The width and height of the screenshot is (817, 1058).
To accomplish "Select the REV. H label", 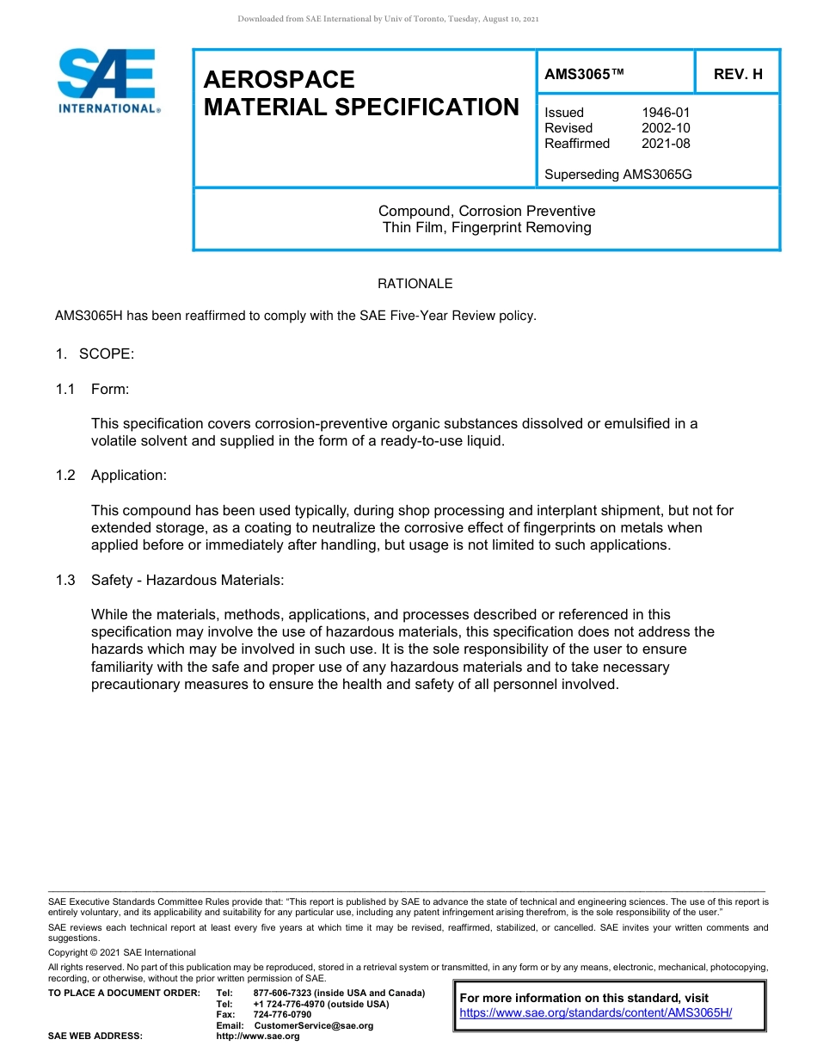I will coord(738,74).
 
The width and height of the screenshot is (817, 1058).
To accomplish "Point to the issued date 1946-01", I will coord(666,113).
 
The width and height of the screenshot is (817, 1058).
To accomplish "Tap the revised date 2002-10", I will coord(666,128).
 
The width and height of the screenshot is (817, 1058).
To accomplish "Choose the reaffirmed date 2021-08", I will coord(666,144).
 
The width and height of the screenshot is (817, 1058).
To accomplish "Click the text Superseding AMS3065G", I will coord(618,175).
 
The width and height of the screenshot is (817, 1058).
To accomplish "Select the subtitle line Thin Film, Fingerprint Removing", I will coord(487,228).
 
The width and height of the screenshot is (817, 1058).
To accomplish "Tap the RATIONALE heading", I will coord(415,284).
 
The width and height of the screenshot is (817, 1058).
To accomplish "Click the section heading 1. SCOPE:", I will coord(95,354).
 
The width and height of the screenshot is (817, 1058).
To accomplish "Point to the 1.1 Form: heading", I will coord(92,389).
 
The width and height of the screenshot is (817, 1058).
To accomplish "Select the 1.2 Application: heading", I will coord(111,476).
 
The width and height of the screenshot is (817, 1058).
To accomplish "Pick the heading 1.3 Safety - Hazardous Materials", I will coord(169,581).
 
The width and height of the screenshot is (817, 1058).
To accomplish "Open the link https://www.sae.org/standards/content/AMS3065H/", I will coord(595,1013).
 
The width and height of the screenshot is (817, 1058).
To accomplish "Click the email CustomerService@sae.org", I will coord(314,1025).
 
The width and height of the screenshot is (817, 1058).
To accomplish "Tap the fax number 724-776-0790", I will coord(282,1015).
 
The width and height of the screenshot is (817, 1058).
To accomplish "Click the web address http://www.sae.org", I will coord(258,1036).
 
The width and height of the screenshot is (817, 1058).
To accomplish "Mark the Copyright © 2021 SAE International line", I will coord(122,952).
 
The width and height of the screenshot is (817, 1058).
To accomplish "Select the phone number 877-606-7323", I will coord(285,993).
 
